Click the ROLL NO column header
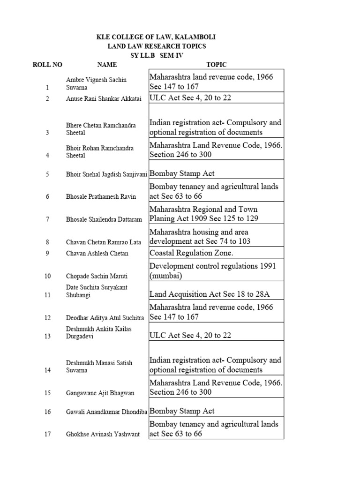47,65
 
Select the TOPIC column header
216,65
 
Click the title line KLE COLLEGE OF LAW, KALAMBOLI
156,37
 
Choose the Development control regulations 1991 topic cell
216,270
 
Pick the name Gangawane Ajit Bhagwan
100,393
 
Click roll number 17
47,434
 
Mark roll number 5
47,174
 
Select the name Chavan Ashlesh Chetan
97,253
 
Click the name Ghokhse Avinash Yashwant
103,434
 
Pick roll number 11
47,294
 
